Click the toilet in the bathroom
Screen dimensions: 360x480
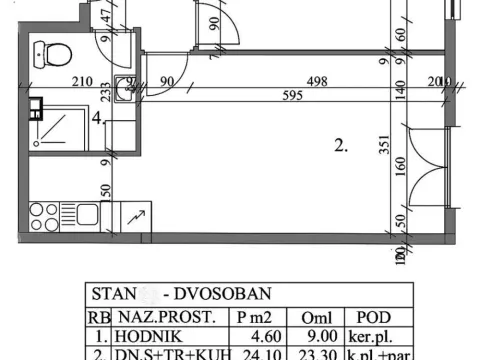pyautogui.click(x=59, y=53)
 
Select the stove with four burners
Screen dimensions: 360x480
pyautogui.click(x=45, y=213)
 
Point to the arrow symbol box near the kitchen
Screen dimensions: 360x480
pyautogui.click(x=134, y=214)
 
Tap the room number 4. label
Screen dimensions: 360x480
pyautogui.click(x=98, y=118)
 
